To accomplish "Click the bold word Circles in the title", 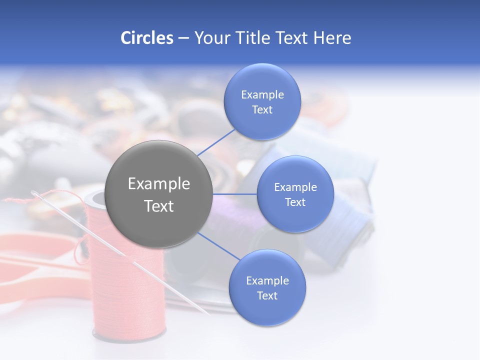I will pos(146,38).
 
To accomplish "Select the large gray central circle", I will pos(159,194).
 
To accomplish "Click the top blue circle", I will pos(262,101).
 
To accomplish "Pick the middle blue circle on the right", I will pos(295,194).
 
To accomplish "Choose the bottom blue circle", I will pos(267,287).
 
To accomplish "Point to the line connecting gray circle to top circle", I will pos(216,141).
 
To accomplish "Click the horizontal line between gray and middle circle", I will pos(234,194).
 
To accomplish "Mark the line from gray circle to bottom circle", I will pos(219,246).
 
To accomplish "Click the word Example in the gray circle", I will pos(159,184).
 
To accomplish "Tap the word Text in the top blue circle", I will pos(262,110).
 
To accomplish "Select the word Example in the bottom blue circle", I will pos(267,280).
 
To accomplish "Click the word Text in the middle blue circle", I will pos(295,202).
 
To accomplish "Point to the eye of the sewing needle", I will pos(36,194).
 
